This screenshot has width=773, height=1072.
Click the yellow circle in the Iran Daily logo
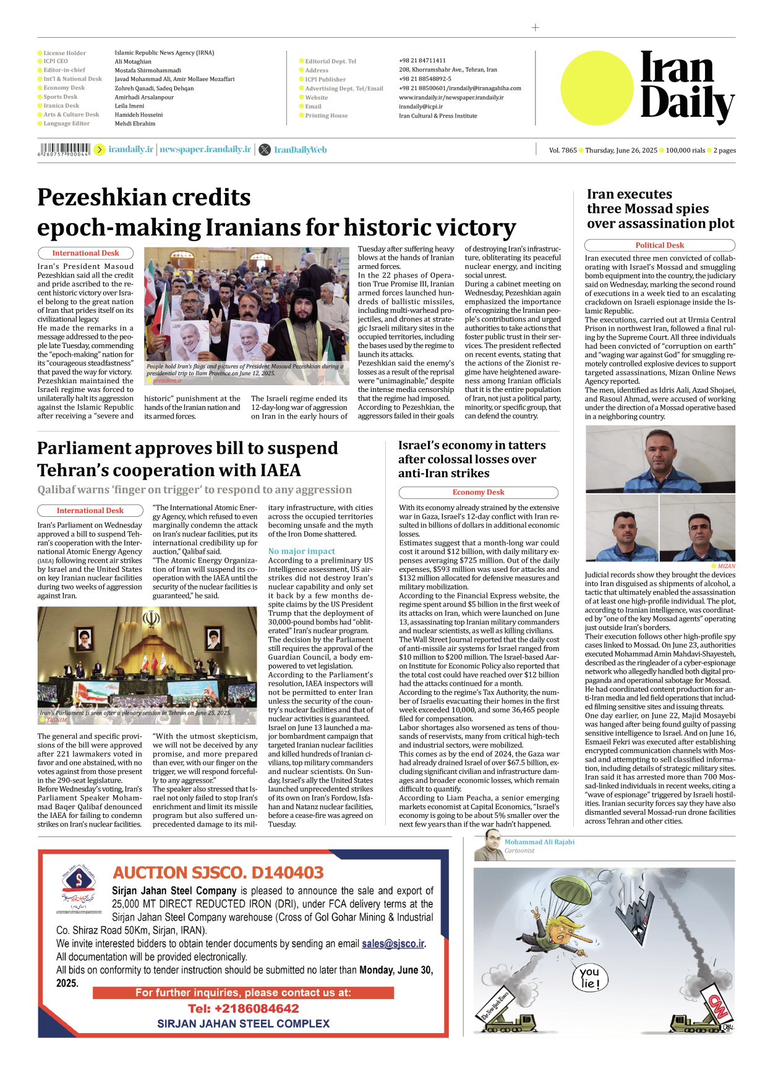[x=597, y=88]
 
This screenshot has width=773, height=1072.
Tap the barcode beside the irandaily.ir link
[x=64, y=149]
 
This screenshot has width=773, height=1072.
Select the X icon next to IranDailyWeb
[x=265, y=150]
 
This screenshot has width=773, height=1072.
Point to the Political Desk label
[x=659, y=245]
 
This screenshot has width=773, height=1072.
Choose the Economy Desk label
[x=478, y=493]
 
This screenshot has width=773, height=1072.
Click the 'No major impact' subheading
[x=301, y=551]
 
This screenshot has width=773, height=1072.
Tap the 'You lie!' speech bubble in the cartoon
[x=589, y=978]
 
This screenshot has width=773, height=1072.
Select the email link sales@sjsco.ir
[x=393, y=943]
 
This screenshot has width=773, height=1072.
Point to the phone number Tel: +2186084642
[x=244, y=1008]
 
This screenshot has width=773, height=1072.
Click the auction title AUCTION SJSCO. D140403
[x=218, y=872]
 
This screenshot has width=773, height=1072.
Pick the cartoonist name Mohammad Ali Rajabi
[x=539, y=842]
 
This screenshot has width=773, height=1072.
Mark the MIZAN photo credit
[x=726, y=566]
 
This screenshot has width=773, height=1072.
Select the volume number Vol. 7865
[x=563, y=150]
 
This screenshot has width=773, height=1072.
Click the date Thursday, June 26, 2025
[x=621, y=150]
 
